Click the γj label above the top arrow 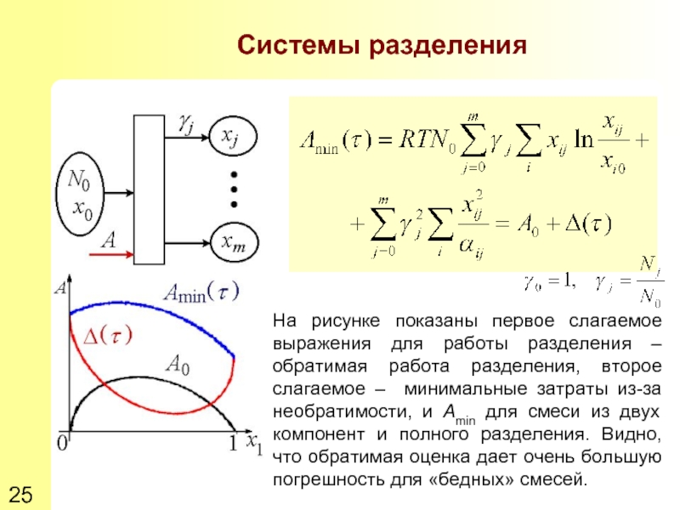click(x=185, y=123)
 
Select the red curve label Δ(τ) click(x=106, y=337)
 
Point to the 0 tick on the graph click(x=62, y=444)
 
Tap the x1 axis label click(x=254, y=445)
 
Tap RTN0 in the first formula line click(x=429, y=141)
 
